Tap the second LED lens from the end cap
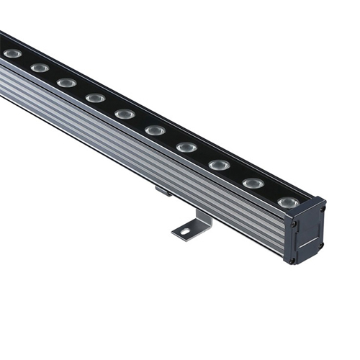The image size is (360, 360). [253, 184]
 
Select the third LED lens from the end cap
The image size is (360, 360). [219, 165]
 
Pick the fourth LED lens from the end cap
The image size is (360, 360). [186, 148]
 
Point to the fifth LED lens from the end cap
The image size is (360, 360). [155, 130]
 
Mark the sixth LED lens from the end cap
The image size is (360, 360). [125, 114]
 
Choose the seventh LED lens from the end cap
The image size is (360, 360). [95, 97]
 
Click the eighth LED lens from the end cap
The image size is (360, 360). [67, 83]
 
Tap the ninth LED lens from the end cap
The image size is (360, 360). [40, 68]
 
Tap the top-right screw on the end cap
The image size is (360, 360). [322, 210]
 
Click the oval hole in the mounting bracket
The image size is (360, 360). [185, 232]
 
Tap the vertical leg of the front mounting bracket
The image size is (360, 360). [204, 215]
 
